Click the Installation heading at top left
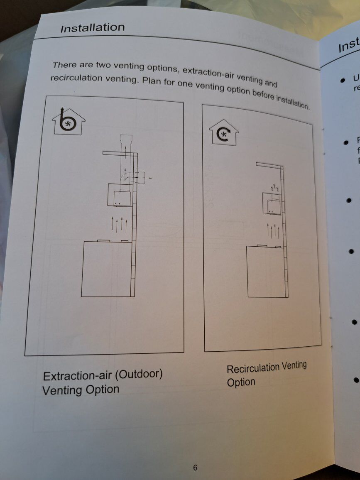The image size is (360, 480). [x=92, y=28]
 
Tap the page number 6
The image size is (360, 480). [x=195, y=468]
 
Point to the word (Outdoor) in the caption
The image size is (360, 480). [x=138, y=374]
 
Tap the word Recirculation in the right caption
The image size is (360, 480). [x=253, y=368]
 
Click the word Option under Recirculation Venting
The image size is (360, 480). [x=241, y=382]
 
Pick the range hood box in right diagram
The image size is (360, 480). [x=272, y=204]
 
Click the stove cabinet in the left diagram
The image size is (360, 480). [x=106, y=269]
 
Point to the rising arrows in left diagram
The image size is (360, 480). [x=119, y=224]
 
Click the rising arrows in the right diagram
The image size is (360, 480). [x=273, y=230]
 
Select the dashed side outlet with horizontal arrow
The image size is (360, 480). [x=142, y=177]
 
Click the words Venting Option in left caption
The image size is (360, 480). [x=81, y=390]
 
